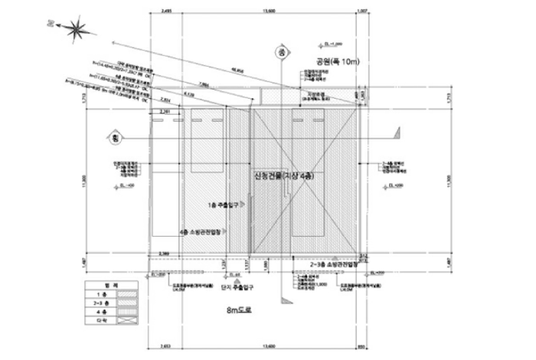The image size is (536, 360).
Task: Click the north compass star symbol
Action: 75,30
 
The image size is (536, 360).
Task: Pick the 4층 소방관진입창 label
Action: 201,231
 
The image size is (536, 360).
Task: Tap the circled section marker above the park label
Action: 281,53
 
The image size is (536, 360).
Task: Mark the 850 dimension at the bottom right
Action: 364,346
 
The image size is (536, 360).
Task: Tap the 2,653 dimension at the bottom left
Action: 165,346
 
